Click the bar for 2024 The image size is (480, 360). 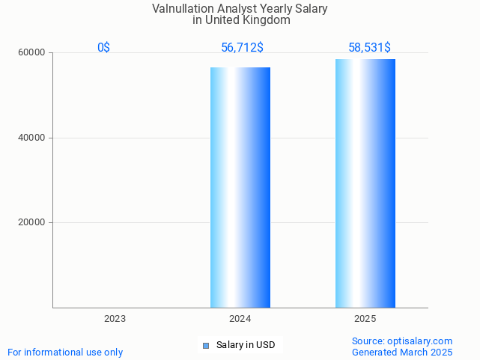(x=240, y=187)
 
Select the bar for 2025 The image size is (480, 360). (x=365, y=183)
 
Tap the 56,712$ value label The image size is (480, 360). (x=242, y=48)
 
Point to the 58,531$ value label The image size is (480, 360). (x=369, y=48)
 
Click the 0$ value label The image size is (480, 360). (x=103, y=48)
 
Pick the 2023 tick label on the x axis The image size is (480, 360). (x=115, y=319)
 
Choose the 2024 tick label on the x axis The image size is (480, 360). (x=240, y=319)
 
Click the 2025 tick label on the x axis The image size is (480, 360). (x=365, y=319)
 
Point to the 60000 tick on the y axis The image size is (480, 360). (x=32, y=53)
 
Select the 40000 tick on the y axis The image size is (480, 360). (x=32, y=138)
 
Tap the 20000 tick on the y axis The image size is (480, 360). (x=32, y=222)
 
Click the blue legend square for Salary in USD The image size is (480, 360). (x=206, y=345)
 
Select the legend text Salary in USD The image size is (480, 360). (x=246, y=345)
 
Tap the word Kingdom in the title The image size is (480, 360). (x=264, y=20)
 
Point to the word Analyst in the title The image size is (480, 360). (x=236, y=9)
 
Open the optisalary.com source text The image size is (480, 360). (x=402, y=341)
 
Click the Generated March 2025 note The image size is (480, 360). (x=402, y=352)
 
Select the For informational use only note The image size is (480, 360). (x=65, y=352)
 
